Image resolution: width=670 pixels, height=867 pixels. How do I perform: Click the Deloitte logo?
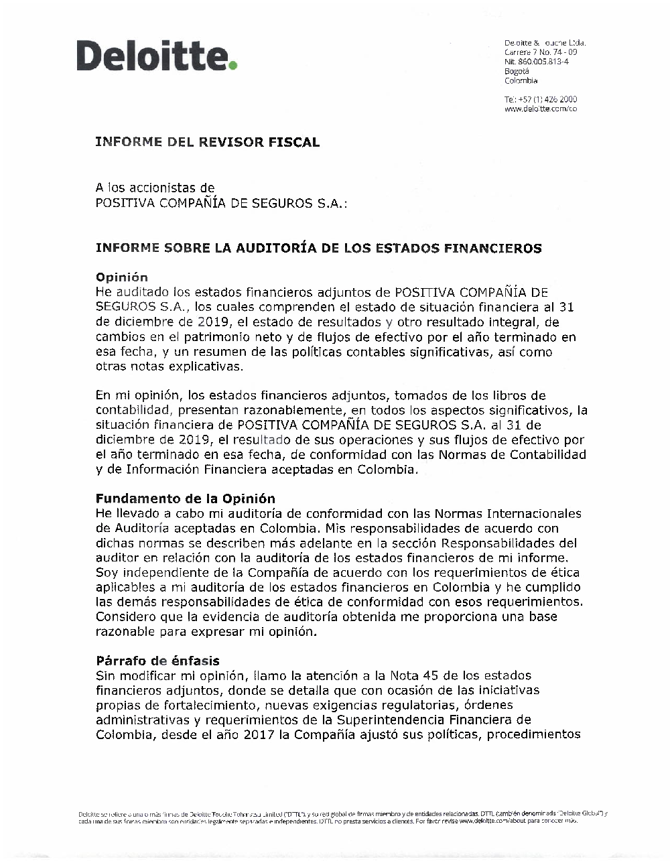pos(157,56)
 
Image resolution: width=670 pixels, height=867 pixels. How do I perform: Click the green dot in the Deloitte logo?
pos(233,66)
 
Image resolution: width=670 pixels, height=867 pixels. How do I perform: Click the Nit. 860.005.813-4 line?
pos(537,61)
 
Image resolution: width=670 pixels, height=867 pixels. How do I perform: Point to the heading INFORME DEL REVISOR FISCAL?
pos(208,142)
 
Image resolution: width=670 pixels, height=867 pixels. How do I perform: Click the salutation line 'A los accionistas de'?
pos(155,188)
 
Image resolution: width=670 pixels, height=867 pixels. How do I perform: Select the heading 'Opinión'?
pos(122,277)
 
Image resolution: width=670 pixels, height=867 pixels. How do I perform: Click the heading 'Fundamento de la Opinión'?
pos(186,498)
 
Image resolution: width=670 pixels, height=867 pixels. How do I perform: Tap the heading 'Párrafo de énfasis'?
pos(157,661)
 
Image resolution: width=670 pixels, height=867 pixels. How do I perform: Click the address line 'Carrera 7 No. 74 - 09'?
pos(541,52)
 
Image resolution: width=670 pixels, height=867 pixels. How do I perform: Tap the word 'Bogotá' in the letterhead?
pos(517,70)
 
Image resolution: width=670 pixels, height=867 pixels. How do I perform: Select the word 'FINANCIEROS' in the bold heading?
pos(492,249)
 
